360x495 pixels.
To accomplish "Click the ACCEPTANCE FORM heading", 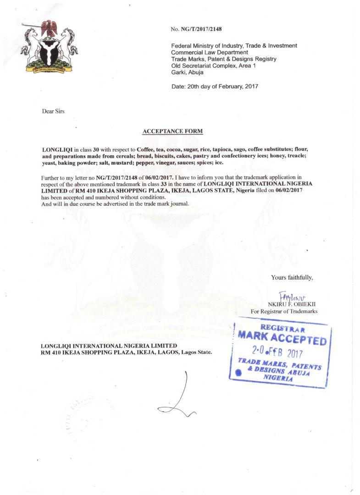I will [x=172, y=131].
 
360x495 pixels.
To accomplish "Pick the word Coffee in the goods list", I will [x=145, y=150].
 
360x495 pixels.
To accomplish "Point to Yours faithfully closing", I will [x=292, y=277].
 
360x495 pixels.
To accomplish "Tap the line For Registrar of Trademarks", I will [x=284, y=312].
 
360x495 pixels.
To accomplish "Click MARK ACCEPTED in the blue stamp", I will [x=282, y=339].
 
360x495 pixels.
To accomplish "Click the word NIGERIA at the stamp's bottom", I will [x=278, y=379].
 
